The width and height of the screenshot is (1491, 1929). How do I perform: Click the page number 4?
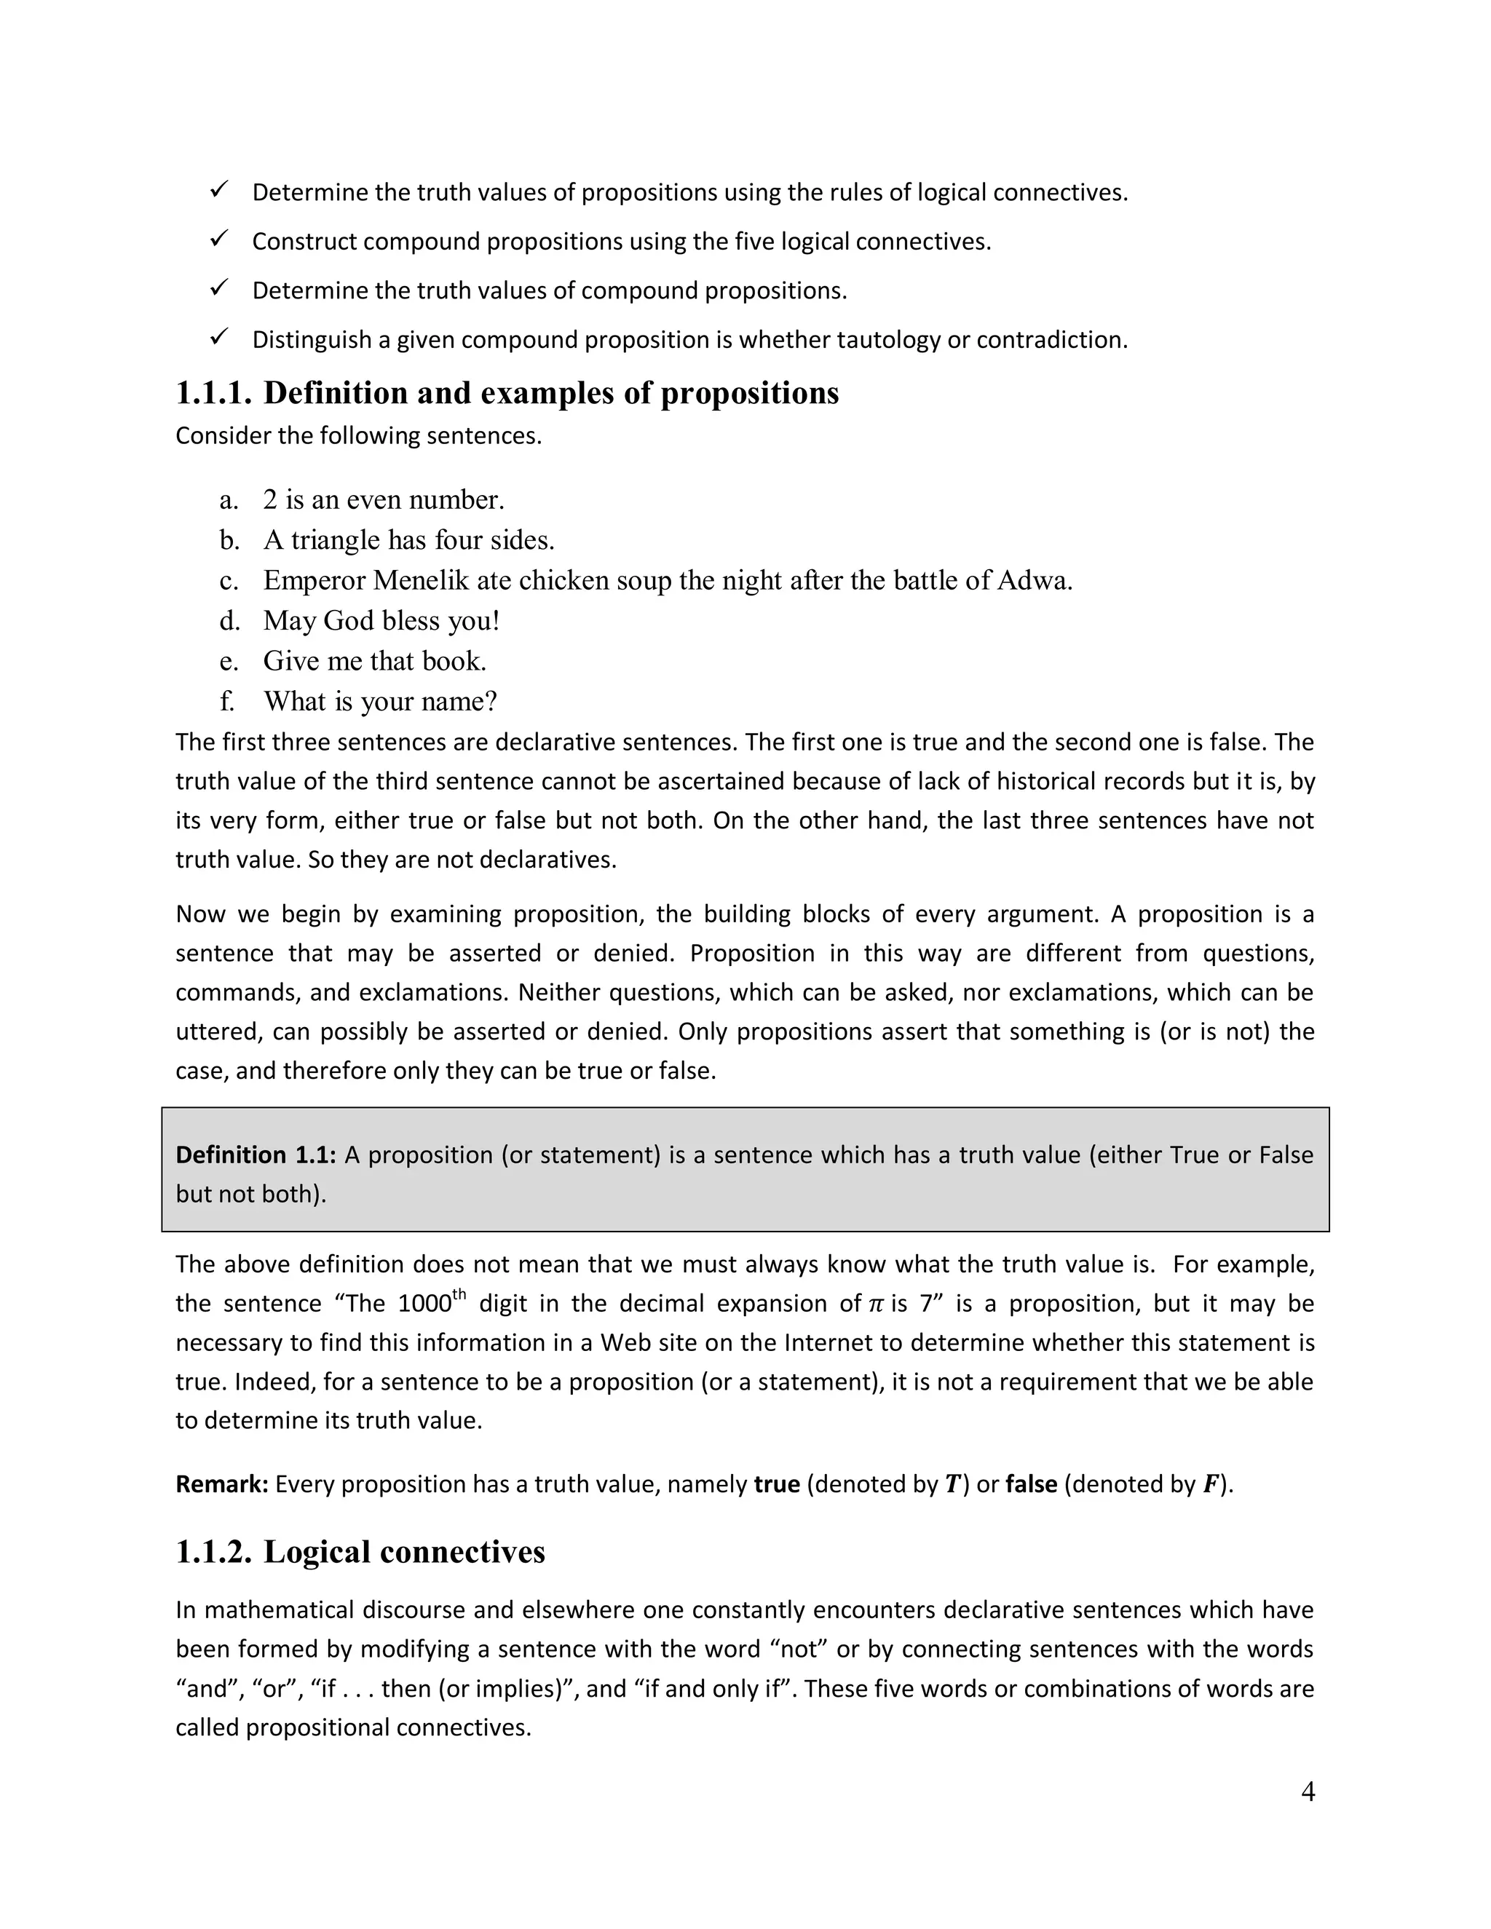(1308, 1791)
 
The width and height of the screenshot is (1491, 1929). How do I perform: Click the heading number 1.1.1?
(214, 393)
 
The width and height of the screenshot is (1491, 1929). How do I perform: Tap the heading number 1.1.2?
(214, 1552)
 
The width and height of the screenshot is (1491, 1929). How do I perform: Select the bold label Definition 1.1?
(256, 1154)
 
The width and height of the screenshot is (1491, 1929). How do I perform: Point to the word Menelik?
(421, 580)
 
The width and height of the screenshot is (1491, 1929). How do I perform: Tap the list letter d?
(229, 621)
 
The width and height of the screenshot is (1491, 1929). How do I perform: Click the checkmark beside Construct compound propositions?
(219, 239)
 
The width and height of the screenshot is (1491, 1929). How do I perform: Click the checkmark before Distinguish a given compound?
(219, 336)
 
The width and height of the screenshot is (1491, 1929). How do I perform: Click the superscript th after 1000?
(459, 1295)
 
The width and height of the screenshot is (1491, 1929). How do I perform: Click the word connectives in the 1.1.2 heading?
(464, 1552)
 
